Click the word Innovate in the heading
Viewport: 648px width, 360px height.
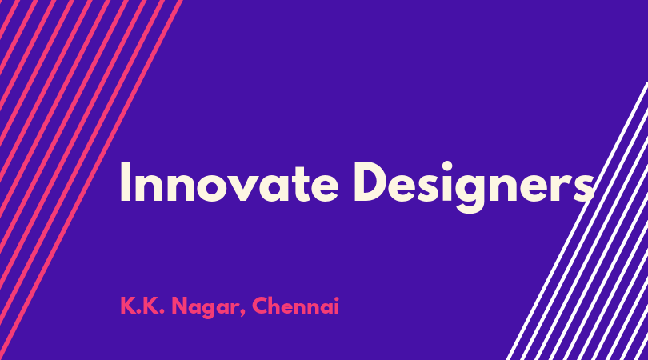point(230,182)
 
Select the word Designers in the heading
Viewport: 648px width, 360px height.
point(474,186)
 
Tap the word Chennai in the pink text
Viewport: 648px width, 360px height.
point(295,306)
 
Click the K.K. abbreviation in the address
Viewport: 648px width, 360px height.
point(142,306)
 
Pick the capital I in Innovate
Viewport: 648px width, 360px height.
point(126,182)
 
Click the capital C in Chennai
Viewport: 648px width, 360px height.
point(260,306)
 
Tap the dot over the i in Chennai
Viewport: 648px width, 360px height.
point(336,298)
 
